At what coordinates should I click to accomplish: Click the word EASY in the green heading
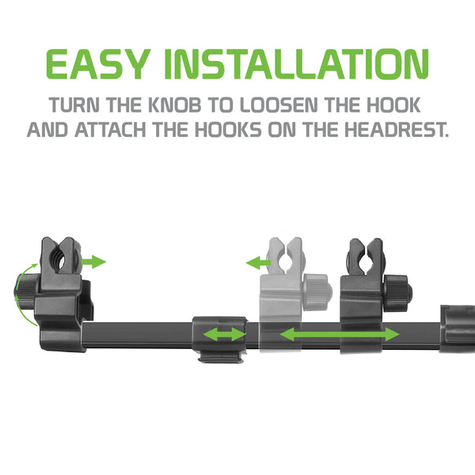98,64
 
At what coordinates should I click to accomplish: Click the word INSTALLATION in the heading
297,64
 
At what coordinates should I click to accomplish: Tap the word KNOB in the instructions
175,104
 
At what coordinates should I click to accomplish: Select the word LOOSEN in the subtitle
279,104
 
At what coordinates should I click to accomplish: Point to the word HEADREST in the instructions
397,130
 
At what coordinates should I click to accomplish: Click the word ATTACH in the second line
110,130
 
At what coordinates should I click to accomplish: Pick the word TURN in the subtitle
74,104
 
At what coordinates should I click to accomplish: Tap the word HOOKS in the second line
229,130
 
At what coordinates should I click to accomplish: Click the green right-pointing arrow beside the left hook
93,262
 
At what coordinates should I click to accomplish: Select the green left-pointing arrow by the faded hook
258,263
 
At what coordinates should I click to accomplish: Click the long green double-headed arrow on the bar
340,334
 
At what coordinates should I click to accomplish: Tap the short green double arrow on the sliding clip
225,335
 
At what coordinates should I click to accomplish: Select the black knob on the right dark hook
397,292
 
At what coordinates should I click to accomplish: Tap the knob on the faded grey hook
317,291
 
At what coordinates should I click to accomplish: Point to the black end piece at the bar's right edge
458,329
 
